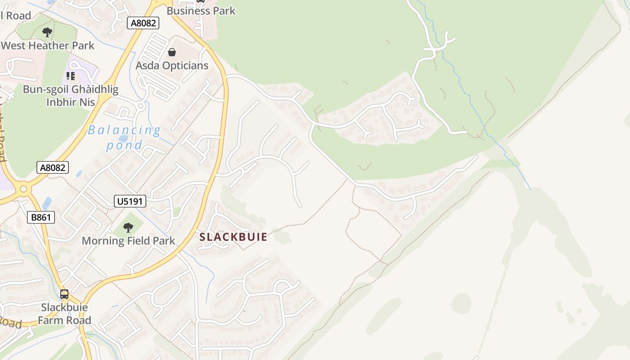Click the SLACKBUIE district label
click(x=233, y=237)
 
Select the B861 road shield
click(x=41, y=218)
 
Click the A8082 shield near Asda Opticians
click(x=143, y=23)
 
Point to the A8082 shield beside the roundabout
click(x=53, y=168)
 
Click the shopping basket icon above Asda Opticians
click(x=171, y=52)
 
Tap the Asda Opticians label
click(x=172, y=66)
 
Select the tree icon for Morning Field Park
click(x=128, y=227)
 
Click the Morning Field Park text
click(x=128, y=241)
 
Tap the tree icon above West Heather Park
click(x=47, y=32)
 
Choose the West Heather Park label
click(x=48, y=45)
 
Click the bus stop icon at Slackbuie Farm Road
click(x=64, y=294)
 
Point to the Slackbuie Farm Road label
click(x=64, y=314)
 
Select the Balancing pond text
click(x=124, y=138)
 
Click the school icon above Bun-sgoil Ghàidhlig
click(x=71, y=76)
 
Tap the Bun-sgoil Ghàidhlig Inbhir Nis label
click(x=71, y=95)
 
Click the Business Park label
click(x=201, y=11)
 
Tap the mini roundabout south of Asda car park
click(x=140, y=107)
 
